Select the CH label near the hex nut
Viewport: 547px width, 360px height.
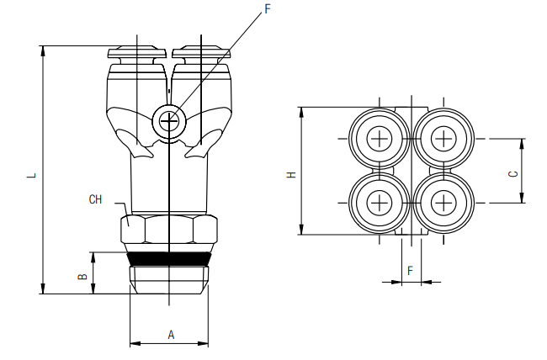[95, 199]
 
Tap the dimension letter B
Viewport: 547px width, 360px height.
[82, 275]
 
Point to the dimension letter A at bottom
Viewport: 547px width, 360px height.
[170, 334]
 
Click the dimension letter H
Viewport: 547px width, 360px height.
[291, 175]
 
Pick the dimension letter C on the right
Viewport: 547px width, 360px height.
[512, 174]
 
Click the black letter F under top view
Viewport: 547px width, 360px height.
[410, 270]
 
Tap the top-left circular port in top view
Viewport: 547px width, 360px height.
[380, 138]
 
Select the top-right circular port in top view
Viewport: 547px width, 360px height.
[443, 138]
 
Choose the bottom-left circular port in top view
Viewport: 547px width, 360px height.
[380, 202]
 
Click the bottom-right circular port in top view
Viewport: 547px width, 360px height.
[443, 202]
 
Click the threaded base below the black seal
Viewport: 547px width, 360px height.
[168, 278]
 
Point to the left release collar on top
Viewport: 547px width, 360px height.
[136, 53]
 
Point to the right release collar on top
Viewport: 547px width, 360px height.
[202, 53]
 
